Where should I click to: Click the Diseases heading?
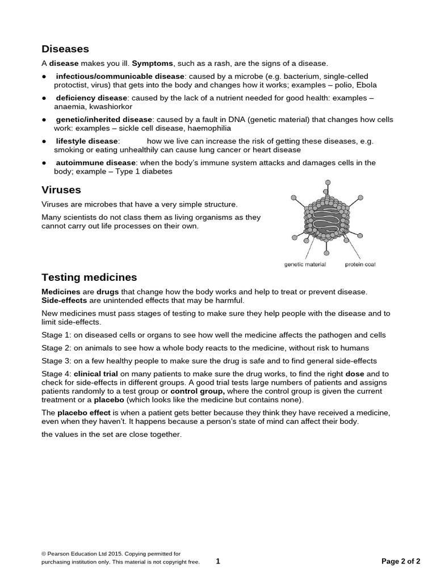pos(65,49)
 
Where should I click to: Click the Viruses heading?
pos(61,190)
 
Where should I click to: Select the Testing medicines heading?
pos(89,277)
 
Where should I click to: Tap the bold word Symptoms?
pos(152,64)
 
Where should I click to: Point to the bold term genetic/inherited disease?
pos(104,120)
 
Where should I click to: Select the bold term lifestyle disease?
pos(87,141)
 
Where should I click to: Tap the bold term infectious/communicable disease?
pos(120,77)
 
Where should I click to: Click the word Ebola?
pos(366,85)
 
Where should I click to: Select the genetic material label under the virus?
pos(305,264)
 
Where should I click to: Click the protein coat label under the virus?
pos(360,264)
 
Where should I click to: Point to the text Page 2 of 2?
pos(401,562)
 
